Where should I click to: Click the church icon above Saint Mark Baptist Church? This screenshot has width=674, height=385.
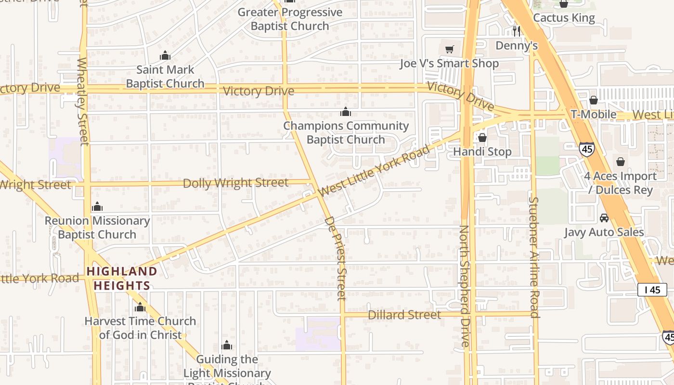pos(165,56)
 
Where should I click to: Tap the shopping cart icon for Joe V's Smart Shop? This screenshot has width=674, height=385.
pos(450,49)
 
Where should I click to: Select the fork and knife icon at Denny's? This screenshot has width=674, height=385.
pos(517,31)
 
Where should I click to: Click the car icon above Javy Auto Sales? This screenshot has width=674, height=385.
pos(604,218)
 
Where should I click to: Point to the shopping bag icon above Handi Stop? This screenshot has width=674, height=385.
pos(482,138)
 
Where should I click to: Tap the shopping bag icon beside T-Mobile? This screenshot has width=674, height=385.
pos(594,100)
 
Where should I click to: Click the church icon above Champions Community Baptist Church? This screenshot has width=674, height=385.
pos(346,112)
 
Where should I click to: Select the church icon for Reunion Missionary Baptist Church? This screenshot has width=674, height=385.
pos(97,207)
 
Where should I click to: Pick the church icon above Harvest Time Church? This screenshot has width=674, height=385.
pos(140,307)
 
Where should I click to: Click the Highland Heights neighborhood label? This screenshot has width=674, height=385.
pos(122,279)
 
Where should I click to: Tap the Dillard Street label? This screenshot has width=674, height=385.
pos(404,315)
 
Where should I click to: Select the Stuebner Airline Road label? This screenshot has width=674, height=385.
pos(534,257)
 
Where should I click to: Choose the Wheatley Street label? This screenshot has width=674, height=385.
pos(83,101)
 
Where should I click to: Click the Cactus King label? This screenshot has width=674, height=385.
pos(564,18)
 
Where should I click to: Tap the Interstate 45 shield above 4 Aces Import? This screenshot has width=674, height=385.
pos(586,149)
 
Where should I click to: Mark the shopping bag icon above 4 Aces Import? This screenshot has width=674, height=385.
pos(621,162)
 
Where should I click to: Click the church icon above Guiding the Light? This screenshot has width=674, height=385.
pos(227,346)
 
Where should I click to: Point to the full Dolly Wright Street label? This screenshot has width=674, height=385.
pos(235,183)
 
